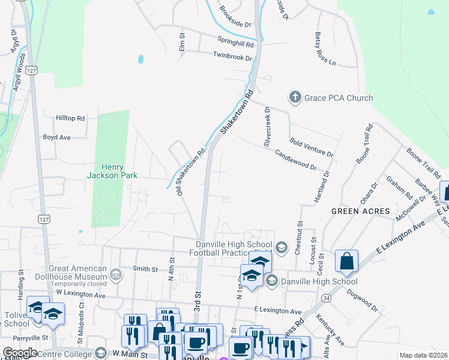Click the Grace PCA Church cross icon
[x=295, y=97]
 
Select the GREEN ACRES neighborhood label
[x=361, y=211]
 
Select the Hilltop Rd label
[x=71, y=118]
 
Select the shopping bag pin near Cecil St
[x=346, y=262]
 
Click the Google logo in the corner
[x=20, y=353]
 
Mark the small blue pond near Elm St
[x=140, y=59]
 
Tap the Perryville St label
[x=16, y=338]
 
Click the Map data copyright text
[x=423, y=355]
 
